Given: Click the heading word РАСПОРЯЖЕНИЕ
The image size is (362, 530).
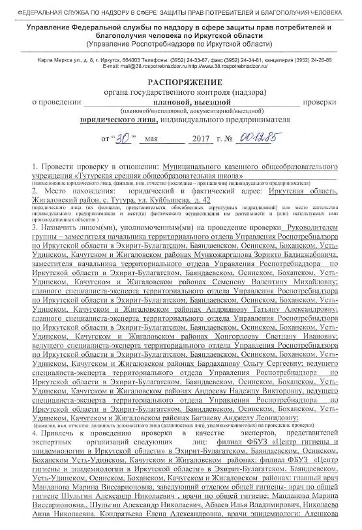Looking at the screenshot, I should tap(180, 84).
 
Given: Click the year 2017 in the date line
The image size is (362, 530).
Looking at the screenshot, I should tap(196, 140).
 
